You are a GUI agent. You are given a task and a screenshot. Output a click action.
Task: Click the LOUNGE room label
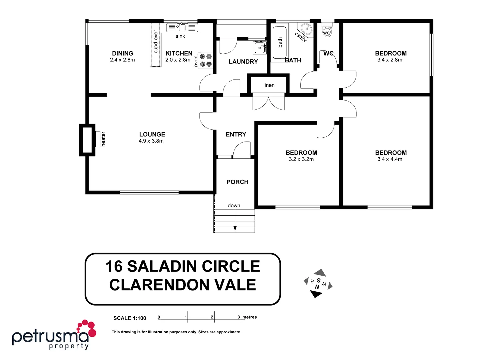coord(152,134)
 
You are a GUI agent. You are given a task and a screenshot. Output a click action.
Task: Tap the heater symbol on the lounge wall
coord(98,139)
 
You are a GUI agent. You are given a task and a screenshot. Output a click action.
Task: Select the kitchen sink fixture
coord(182,27)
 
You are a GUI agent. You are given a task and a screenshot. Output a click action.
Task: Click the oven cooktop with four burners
coord(206,60)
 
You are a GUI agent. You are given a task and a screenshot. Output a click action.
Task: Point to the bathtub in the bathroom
coord(280,43)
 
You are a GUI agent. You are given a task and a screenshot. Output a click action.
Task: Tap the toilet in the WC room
coord(327,31)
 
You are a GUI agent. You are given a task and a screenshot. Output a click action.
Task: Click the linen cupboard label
coord(269,85)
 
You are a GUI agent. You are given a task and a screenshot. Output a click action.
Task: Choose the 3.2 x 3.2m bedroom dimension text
coord(301,159)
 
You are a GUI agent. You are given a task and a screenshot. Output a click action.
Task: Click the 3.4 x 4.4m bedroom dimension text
coord(390,159)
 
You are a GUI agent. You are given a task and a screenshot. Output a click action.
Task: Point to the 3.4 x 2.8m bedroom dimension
coord(390,60)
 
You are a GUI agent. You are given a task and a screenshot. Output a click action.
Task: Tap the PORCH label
coord(237,182)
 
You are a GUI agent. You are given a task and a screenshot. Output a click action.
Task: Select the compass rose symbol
coord(318,283)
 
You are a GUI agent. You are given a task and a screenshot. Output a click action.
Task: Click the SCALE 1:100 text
coord(130,318)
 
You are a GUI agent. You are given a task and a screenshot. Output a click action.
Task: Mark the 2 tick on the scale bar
coord(214,317)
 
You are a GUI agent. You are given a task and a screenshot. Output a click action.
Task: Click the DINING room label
coord(122,53)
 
